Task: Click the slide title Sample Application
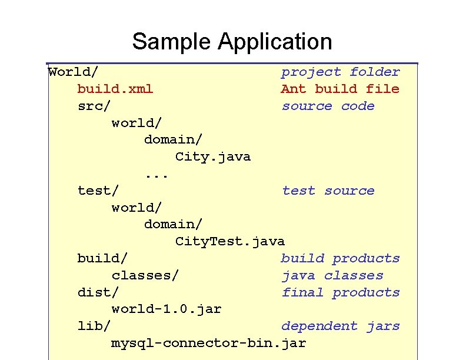point(232,42)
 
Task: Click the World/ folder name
point(73,72)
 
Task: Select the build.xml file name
point(115,89)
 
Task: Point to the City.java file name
point(212,157)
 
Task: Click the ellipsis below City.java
point(157,174)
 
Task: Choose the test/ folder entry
point(98,191)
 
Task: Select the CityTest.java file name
point(229,242)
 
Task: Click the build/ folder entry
point(102,259)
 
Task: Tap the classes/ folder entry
point(145,276)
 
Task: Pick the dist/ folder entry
point(98,293)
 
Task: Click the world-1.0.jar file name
point(167,309)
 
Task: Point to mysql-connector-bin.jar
point(208,344)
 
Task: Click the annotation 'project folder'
point(340,72)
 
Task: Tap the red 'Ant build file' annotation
point(340,89)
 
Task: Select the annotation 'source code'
point(328,106)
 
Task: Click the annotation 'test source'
point(328,191)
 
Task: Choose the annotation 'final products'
point(340,293)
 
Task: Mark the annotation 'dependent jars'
point(340,326)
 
